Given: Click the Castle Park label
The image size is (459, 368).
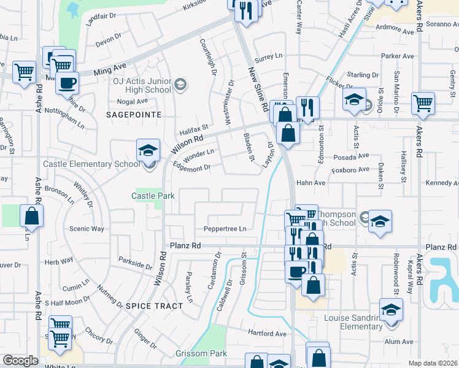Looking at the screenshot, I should click(x=153, y=196).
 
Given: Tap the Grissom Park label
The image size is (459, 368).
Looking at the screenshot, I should click(x=201, y=353).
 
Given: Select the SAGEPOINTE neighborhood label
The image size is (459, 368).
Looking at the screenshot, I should click(x=133, y=115).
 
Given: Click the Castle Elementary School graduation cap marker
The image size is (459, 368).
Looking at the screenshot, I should click(x=148, y=150).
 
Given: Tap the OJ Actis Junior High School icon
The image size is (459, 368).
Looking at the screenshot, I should click(x=180, y=83).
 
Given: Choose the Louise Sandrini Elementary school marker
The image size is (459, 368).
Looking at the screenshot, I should click(x=390, y=309).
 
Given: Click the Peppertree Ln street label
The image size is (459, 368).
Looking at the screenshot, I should click(x=225, y=229).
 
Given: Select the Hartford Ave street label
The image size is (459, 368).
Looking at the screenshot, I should click(x=267, y=334).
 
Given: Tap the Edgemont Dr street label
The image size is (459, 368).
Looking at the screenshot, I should click(x=191, y=167).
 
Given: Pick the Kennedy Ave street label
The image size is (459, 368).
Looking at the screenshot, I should click(x=442, y=183).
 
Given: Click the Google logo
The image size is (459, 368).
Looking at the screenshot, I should click(x=20, y=361).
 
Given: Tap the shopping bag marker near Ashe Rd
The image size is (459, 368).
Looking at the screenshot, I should click(x=31, y=216).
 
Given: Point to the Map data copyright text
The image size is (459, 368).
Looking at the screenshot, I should click(x=433, y=363).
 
